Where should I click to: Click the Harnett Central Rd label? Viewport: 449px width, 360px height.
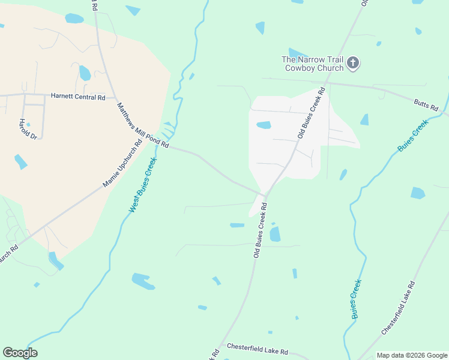tap(78, 96)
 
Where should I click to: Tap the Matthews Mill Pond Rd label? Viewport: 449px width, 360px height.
tap(143, 125)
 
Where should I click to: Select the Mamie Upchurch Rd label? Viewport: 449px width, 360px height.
tap(122, 162)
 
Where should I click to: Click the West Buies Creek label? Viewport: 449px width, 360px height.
tap(142, 185)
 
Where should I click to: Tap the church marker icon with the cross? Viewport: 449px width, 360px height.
tap(354, 63)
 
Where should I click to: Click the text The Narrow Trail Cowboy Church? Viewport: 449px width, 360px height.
tap(313, 63)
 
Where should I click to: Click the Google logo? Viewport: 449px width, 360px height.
tap(20, 353)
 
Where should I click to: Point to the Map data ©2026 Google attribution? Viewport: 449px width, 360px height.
tap(412, 355)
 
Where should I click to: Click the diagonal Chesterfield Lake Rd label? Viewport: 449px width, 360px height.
tap(398, 307)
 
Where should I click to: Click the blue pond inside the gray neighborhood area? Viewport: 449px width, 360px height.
tap(264, 125)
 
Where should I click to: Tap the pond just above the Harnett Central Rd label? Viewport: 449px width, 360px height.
tap(85, 73)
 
